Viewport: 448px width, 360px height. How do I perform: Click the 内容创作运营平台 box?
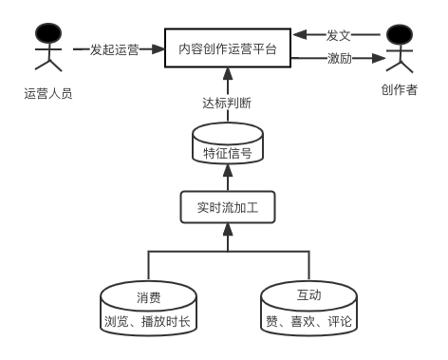coord(228,48)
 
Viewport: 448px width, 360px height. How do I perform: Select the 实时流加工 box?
coord(228,206)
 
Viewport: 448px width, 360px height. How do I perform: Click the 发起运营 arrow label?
coord(114,49)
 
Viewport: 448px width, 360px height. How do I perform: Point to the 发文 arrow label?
coord(339,34)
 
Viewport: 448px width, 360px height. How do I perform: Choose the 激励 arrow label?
coord(339,59)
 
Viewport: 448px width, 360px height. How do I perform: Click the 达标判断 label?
coord(228,102)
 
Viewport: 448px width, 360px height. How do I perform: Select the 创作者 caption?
coord(400,90)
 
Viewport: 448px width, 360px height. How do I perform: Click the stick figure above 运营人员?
coord(46,49)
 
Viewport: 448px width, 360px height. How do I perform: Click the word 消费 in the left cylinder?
coord(147,297)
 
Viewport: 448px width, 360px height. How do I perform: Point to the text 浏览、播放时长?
coord(147,321)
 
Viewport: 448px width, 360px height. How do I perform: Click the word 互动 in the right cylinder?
coord(308,297)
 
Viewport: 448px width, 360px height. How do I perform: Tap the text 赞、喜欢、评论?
coord(308,321)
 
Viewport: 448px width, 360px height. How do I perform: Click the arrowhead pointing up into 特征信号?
coord(228,174)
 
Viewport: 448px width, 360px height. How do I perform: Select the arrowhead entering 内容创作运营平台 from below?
coord(228,73)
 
